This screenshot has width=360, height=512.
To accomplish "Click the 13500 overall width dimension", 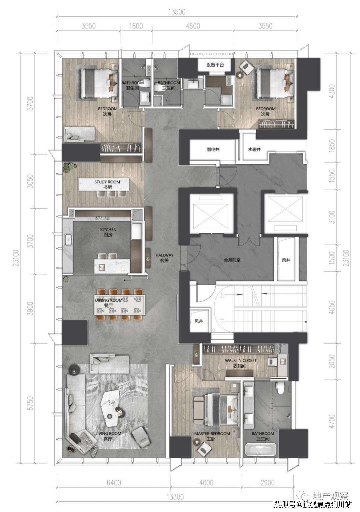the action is point(177,12).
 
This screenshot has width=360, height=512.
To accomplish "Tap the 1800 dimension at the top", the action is point(136,26).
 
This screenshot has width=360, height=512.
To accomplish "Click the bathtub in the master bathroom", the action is point(261,449).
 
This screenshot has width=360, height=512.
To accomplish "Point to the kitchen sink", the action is point(68,240).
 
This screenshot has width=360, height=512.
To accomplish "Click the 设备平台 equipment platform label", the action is point(215,65).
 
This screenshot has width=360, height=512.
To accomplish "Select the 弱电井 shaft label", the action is point(213,150).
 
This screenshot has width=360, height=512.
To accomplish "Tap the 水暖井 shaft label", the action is point(254,150).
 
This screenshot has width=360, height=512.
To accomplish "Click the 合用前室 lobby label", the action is point(232,260).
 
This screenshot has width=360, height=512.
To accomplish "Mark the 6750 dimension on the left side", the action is point(30,403).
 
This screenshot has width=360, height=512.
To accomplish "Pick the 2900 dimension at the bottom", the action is point(268,482).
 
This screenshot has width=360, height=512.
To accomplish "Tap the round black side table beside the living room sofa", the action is point(74,370).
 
